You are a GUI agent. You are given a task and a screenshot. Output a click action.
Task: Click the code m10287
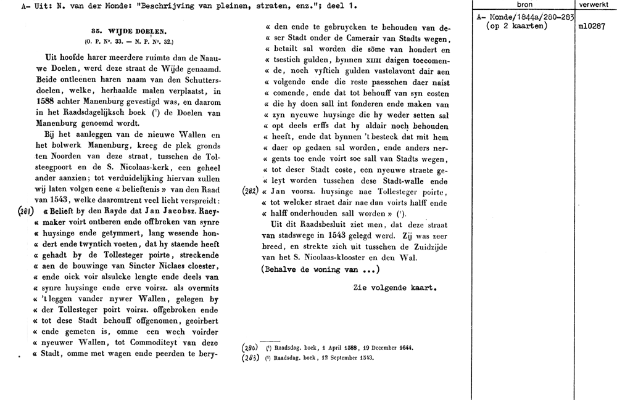click(593, 27)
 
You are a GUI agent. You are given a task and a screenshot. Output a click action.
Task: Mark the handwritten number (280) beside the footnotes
click(252, 348)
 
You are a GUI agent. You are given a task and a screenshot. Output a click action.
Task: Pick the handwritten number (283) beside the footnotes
click(252, 357)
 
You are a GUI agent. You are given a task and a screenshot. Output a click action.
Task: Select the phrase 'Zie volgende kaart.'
click(395, 288)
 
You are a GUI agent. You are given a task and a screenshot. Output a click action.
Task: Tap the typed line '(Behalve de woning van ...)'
click(320, 269)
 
